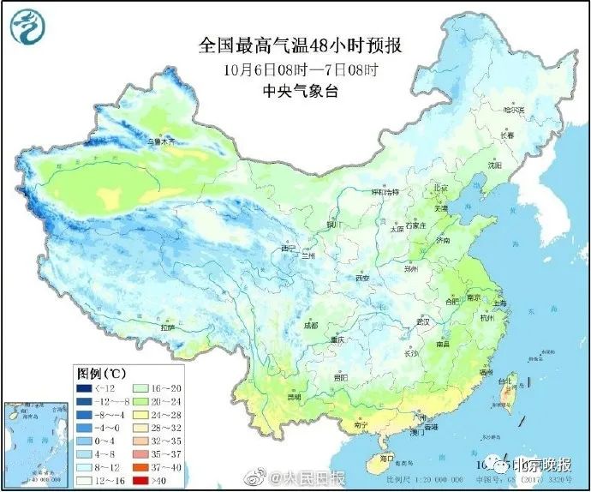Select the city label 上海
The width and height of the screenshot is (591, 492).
pyautogui.click(x=500, y=303)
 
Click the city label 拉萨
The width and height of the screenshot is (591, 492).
pyautogui.click(x=166, y=327)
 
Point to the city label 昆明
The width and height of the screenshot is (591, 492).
pyautogui.click(x=295, y=398)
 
